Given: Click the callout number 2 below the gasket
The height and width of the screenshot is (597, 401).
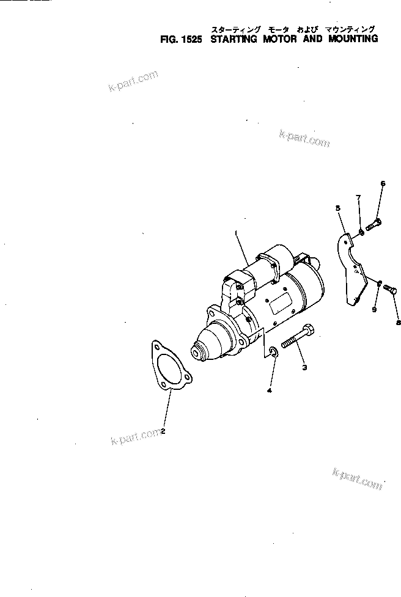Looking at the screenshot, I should click(x=163, y=431).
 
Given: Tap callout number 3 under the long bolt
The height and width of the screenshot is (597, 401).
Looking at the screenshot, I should click(x=304, y=367).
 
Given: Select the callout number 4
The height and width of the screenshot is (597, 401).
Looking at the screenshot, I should click(x=268, y=389).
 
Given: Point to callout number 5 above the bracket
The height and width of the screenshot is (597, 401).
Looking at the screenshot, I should click(x=337, y=208).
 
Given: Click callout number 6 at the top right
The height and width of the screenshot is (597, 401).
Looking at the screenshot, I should click(x=383, y=183).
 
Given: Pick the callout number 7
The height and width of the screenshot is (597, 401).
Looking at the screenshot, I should click(x=359, y=197).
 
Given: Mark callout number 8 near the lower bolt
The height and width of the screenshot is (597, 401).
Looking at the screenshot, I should click(x=398, y=322).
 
